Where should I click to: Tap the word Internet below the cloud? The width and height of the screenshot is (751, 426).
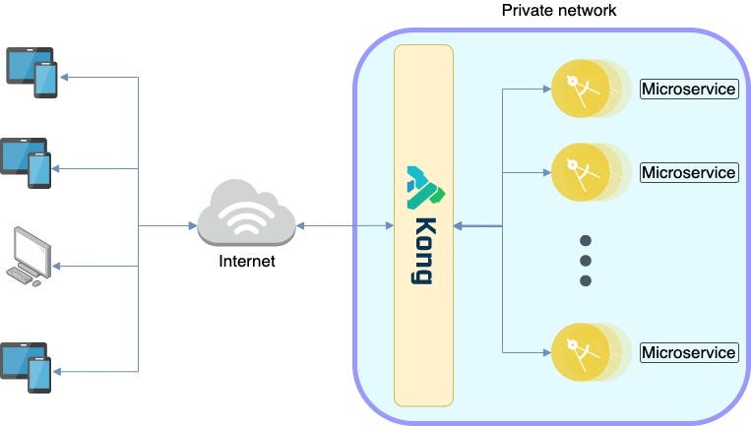(246, 262)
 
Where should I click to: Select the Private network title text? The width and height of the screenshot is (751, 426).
(558, 11)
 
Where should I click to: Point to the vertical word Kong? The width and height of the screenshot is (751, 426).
(424, 250)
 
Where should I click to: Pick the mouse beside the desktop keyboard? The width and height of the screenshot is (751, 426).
(38, 283)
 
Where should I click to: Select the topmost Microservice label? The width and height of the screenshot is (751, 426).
(688, 90)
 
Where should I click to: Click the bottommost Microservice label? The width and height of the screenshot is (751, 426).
(688, 352)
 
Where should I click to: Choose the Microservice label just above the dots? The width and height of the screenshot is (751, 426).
(688, 172)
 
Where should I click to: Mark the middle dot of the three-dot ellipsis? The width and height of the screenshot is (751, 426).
(585, 261)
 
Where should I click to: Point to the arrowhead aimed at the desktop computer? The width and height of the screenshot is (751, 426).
(65, 266)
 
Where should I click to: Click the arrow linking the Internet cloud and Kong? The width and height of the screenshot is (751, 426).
(344, 226)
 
